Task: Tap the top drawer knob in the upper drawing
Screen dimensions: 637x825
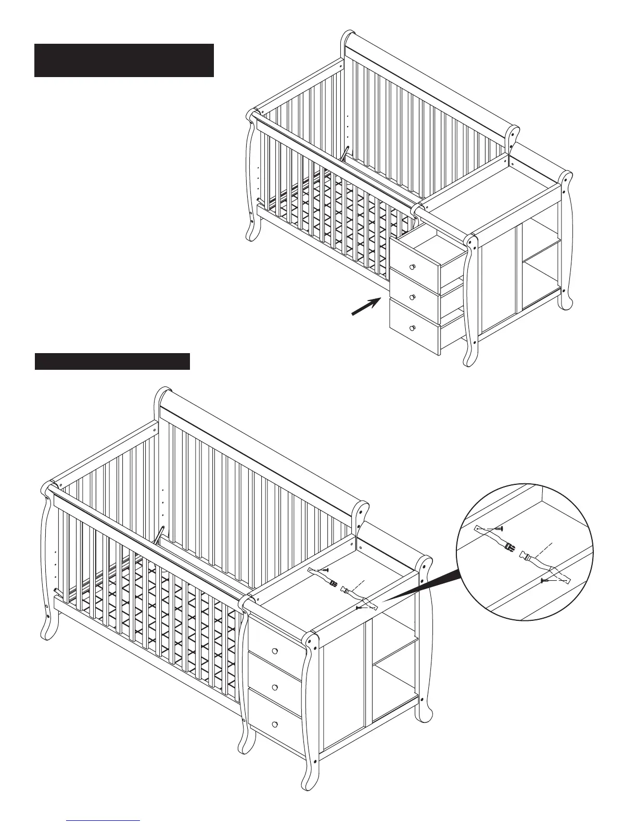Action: coord(413,267)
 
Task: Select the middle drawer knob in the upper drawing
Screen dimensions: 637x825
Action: coord(413,297)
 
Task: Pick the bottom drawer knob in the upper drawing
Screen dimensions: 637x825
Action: coord(413,328)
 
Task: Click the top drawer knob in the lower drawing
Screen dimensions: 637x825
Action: coord(274,652)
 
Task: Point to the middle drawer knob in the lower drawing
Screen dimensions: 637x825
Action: coord(274,686)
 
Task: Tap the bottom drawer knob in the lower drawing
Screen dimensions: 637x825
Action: coord(274,724)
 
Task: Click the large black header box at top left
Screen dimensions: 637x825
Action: coord(124,60)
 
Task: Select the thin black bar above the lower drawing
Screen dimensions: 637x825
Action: coord(112,361)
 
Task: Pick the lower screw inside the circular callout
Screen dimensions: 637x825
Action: coord(546,580)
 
